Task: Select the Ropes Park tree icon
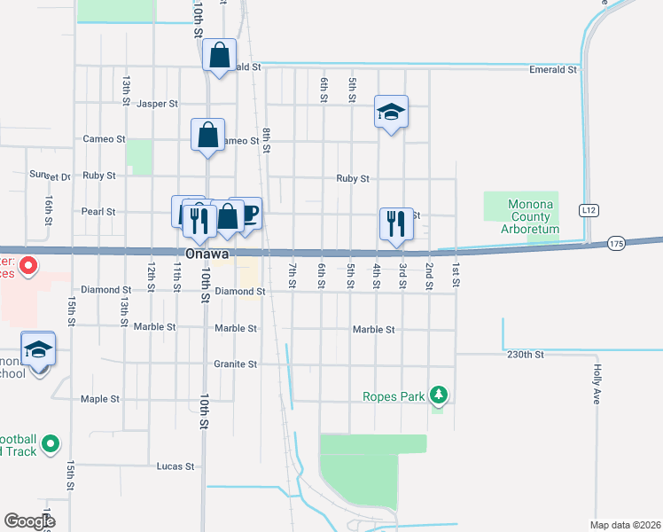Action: tap(437, 394)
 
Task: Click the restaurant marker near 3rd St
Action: tap(396, 223)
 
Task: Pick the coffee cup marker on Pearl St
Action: tap(247, 213)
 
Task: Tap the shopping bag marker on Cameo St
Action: tap(207, 136)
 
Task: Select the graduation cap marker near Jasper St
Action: tap(391, 112)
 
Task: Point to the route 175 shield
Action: tap(618, 242)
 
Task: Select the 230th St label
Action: tap(524, 355)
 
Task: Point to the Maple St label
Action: tap(99, 399)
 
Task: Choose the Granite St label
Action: tap(235, 364)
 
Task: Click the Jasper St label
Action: tap(158, 104)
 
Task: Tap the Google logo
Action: tap(29, 521)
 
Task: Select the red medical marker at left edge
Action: tap(27, 264)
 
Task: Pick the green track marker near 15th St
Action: tap(51, 442)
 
